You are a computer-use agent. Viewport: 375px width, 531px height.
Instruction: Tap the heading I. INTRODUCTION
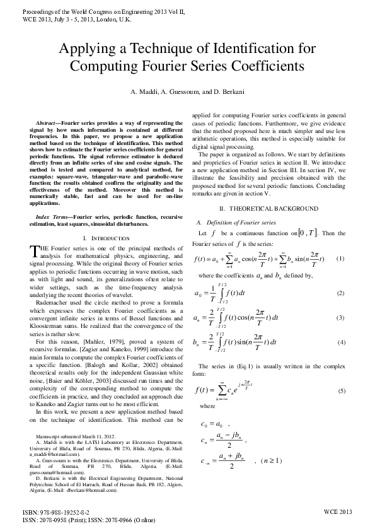click(x=103, y=238)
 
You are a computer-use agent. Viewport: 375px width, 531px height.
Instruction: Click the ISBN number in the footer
click(x=56, y=512)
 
